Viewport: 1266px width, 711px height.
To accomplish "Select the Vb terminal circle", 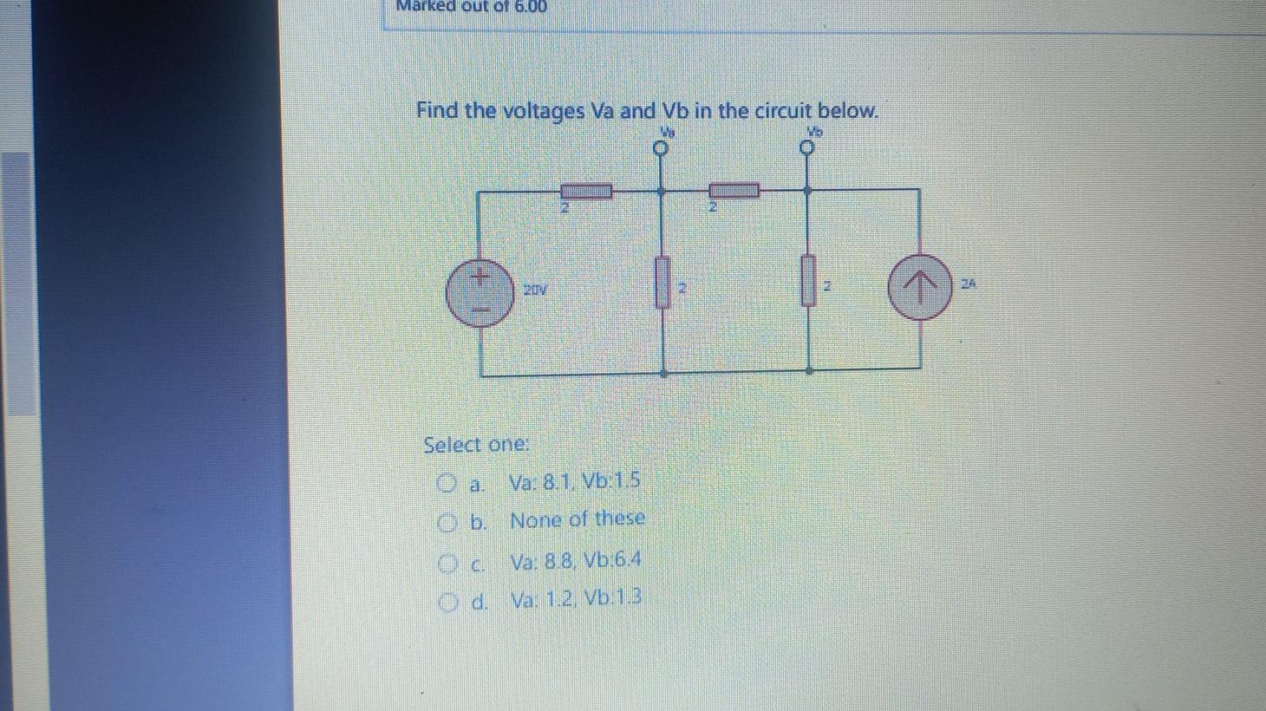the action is [808, 149].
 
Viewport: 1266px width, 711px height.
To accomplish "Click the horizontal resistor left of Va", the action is [586, 191].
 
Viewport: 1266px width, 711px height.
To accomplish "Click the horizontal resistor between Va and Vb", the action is [734, 190].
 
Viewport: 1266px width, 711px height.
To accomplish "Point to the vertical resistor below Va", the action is [663, 283].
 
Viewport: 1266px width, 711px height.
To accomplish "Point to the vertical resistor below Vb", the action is [808, 280].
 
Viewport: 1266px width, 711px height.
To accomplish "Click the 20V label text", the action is [535, 289].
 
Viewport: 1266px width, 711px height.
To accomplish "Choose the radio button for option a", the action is [447, 482].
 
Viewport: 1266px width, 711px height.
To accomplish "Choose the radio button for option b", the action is [447, 522].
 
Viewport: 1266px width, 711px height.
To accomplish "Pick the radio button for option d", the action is [447, 601].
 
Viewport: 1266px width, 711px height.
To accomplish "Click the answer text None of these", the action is [578, 519].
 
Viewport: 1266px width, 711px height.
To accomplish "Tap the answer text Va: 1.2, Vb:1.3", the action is [576, 598].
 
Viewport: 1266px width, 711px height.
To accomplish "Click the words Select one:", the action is [476, 445].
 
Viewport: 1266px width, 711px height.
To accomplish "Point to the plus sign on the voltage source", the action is [480, 277].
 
